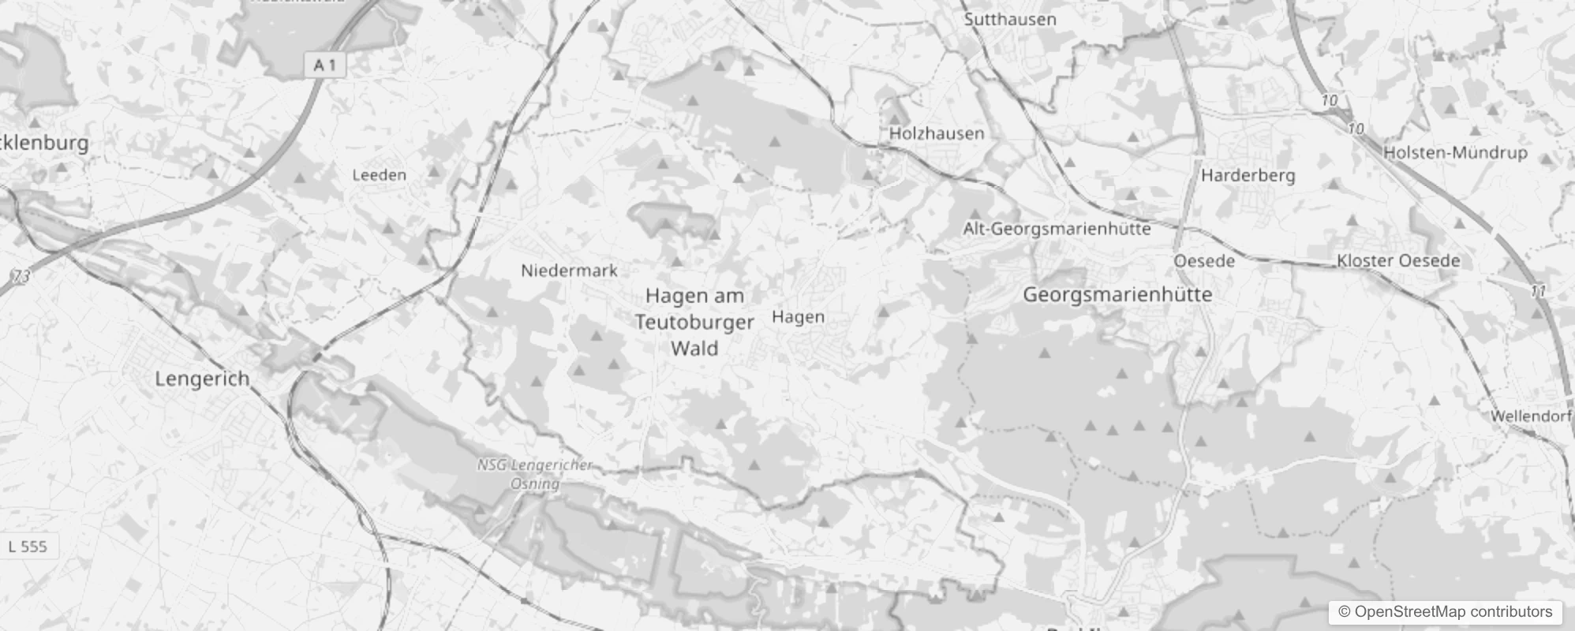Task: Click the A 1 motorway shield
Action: pos(325,65)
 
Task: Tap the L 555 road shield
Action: pos(28,547)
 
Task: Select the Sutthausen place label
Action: pos(1010,20)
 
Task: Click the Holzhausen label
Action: pos(937,133)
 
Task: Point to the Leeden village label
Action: pos(380,175)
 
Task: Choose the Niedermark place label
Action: pos(569,271)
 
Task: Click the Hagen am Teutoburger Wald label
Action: pos(694,322)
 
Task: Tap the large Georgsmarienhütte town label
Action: pos(1117,295)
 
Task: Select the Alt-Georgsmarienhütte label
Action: pos(1057,229)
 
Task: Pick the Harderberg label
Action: pos(1248,175)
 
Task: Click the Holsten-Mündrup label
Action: pos(1455,153)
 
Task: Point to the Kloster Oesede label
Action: pos(1398,260)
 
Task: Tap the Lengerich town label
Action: pos(202,379)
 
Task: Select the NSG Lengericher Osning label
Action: pos(535,474)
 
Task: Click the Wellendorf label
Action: pos(1532,416)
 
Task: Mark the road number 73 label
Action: pos(21,277)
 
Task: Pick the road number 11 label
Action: pos(1538,292)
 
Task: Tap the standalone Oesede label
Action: pos(1204,261)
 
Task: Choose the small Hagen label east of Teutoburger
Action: pos(799,317)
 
